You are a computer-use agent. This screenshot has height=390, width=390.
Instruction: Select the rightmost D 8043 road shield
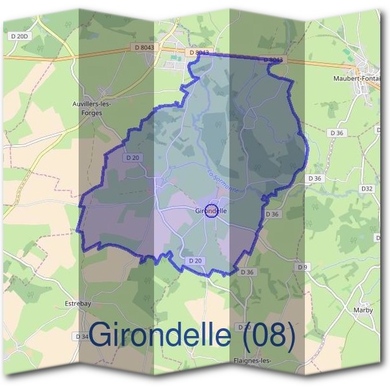tap(274, 60)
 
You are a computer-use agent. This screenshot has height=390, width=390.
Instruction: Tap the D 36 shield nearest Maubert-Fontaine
tap(336, 133)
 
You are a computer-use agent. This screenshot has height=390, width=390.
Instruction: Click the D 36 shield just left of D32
tap(315, 177)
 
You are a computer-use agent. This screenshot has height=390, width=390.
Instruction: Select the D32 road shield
tap(367, 188)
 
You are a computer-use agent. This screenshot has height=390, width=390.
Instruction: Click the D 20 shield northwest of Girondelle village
tap(133, 157)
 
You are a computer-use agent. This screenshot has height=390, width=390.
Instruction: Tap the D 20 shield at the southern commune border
tap(195, 261)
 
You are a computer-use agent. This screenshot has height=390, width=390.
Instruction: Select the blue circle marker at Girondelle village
tap(211, 211)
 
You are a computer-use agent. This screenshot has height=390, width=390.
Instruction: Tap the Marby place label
tap(364, 310)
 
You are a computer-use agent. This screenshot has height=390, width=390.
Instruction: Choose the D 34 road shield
tap(82, 337)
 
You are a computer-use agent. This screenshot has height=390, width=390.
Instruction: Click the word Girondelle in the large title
tap(159, 335)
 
